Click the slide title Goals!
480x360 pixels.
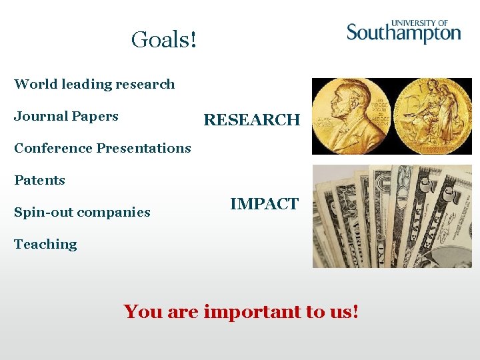(x=164, y=40)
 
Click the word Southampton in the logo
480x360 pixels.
(x=403, y=33)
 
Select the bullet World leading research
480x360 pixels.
(x=94, y=84)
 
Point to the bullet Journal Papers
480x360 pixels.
(x=66, y=116)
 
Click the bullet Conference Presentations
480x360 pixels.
(x=102, y=148)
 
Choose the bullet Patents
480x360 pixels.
(x=39, y=180)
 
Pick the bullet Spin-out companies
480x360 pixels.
(x=82, y=212)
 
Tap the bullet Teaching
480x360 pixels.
(x=45, y=244)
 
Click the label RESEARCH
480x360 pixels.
(x=251, y=120)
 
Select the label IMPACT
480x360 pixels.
(x=264, y=204)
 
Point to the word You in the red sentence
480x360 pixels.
(x=142, y=311)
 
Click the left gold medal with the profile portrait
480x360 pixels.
(x=351, y=116)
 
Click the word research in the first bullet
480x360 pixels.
(x=145, y=84)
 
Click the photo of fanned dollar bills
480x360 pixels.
(x=392, y=216)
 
